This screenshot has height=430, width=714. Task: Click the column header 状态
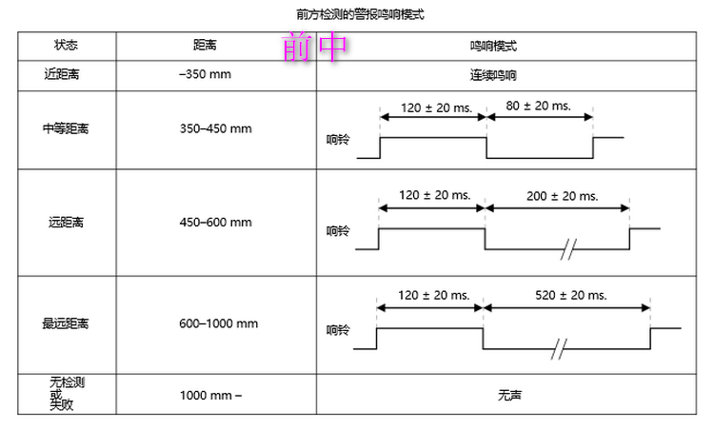click(66, 46)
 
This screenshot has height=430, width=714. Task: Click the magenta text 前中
click(315, 49)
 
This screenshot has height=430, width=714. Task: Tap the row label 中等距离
click(66, 127)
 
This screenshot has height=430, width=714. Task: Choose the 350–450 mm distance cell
click(215, 127)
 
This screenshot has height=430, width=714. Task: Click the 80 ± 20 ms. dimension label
click(538, 106)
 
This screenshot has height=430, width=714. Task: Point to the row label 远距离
click(66, 223)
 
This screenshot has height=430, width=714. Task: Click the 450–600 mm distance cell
click(215, 223)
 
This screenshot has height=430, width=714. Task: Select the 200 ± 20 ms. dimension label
click(562, 196)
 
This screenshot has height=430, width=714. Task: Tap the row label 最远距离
click(66, 323)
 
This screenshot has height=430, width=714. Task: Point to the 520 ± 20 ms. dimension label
click(570, 295)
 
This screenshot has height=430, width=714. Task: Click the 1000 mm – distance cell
click(210, 395)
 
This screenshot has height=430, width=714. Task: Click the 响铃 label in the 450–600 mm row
click(338, 230)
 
